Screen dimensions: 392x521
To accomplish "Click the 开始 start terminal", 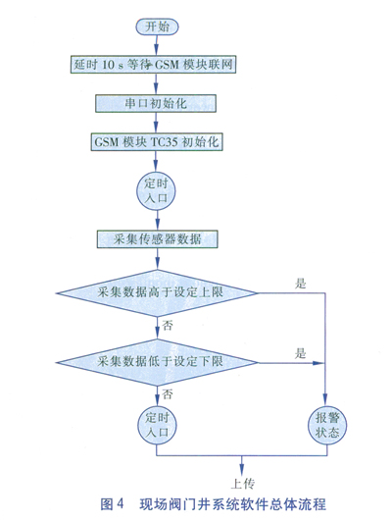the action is pyautogui.click(x=157, y=26).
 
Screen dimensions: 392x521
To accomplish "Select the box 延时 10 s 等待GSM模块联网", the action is pyautogui.click(x=153, y=64).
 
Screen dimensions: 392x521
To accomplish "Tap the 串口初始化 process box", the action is pyautogui.click(x=156, y=103).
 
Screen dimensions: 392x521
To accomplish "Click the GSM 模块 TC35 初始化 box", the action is pyautogui.click(x=157, y=142).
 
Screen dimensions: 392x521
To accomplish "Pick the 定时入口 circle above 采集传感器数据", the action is pyautogui.click(x=156, y=191).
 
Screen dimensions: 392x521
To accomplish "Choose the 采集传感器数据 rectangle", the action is pyautogui.click(x=158, y=238).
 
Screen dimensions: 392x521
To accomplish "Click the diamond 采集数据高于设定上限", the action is pyautogui.click(x=157, y=293).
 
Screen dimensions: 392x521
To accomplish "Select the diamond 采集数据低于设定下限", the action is pyautogui.click(x=157, y=362).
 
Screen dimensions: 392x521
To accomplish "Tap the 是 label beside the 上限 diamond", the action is pyautogui.click(x=301, y=284).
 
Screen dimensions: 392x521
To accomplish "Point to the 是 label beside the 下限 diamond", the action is pyautogui.click(x=301, y=353).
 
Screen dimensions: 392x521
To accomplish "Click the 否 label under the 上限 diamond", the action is pyautogui.click(x=168, y=325).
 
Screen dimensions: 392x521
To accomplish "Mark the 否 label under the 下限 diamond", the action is pyautogui.click(x=168, y=394).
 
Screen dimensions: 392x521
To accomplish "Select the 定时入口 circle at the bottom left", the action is pyautogui.click(x=157, y=425).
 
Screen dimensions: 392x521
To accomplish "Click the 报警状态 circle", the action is pyautogui.click(x=327, y=425).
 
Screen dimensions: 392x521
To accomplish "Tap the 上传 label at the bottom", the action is pyautogui.click(x=243, y=484).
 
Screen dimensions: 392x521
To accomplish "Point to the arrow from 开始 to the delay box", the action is pyautogui.click(x=157, y=45).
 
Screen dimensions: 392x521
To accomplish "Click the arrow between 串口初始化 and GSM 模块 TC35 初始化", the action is pyautogui.click(x=156, y=123).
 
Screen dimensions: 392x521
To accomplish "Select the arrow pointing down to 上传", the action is pyautogui.click(x=241, y=465).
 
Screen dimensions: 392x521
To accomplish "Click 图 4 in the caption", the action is pyautogui.click(x=112, y=503).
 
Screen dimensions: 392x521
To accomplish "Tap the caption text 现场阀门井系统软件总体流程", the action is pyautogui.click(x=232, y=503).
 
